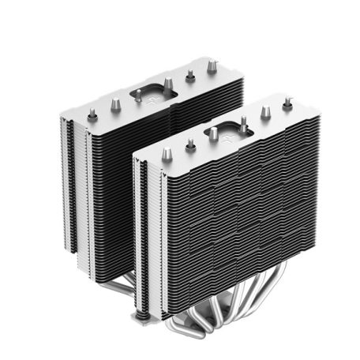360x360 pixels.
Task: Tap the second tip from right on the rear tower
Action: point(189,77)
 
